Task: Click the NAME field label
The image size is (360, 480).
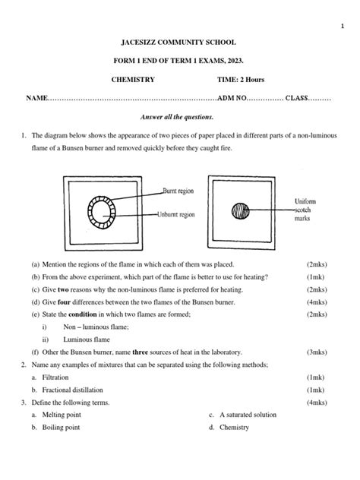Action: click(x=37, y=99)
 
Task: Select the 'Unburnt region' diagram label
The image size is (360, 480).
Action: click(x=185, y=215)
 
